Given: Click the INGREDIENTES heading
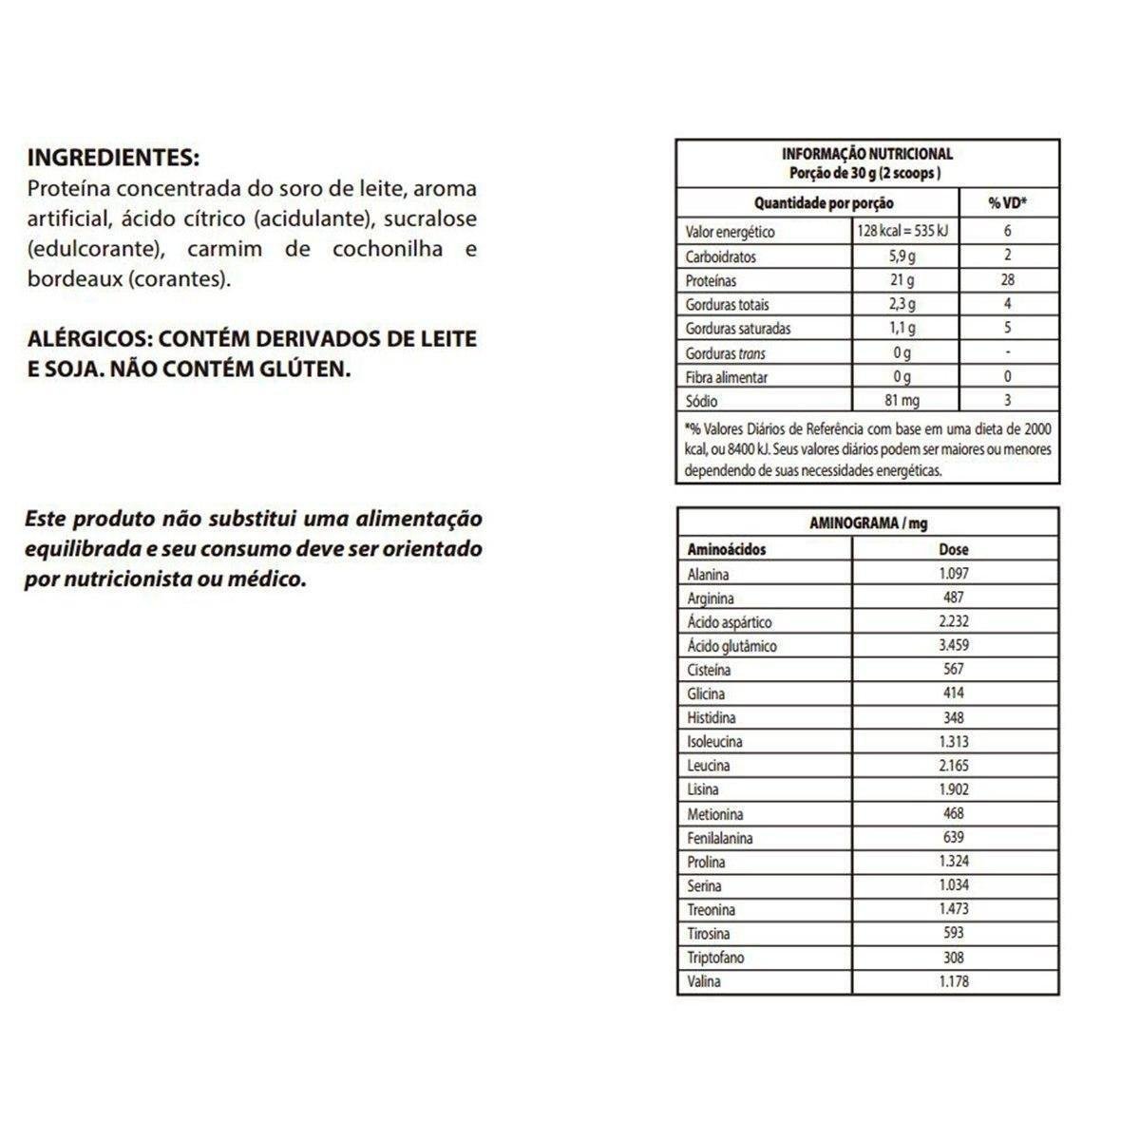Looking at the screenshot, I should [x=114, y=157].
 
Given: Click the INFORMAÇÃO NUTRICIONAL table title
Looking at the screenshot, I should [x=866, y=153].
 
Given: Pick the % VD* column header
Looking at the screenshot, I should [x=1008, y=202].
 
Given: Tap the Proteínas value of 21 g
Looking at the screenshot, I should [x=902, y=280].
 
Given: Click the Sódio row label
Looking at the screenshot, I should [x=701, y=401].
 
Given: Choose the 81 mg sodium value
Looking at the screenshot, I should [x=902, y=401].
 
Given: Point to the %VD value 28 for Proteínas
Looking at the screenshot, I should [x=1007, y=280].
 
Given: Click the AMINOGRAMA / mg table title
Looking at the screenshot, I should [x=866, y=523].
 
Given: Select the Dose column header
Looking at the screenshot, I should [x=953, y=549].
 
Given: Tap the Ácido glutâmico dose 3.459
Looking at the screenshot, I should [x=953, y=645].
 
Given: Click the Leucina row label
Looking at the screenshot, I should [x=709, y=766].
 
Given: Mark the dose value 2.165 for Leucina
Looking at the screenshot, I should [x=953, y=766].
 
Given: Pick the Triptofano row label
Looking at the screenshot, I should [x=715, y=958].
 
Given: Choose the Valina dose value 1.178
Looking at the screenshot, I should [x=953, y=981].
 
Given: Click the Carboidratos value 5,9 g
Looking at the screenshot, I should [x=902, y=256].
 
